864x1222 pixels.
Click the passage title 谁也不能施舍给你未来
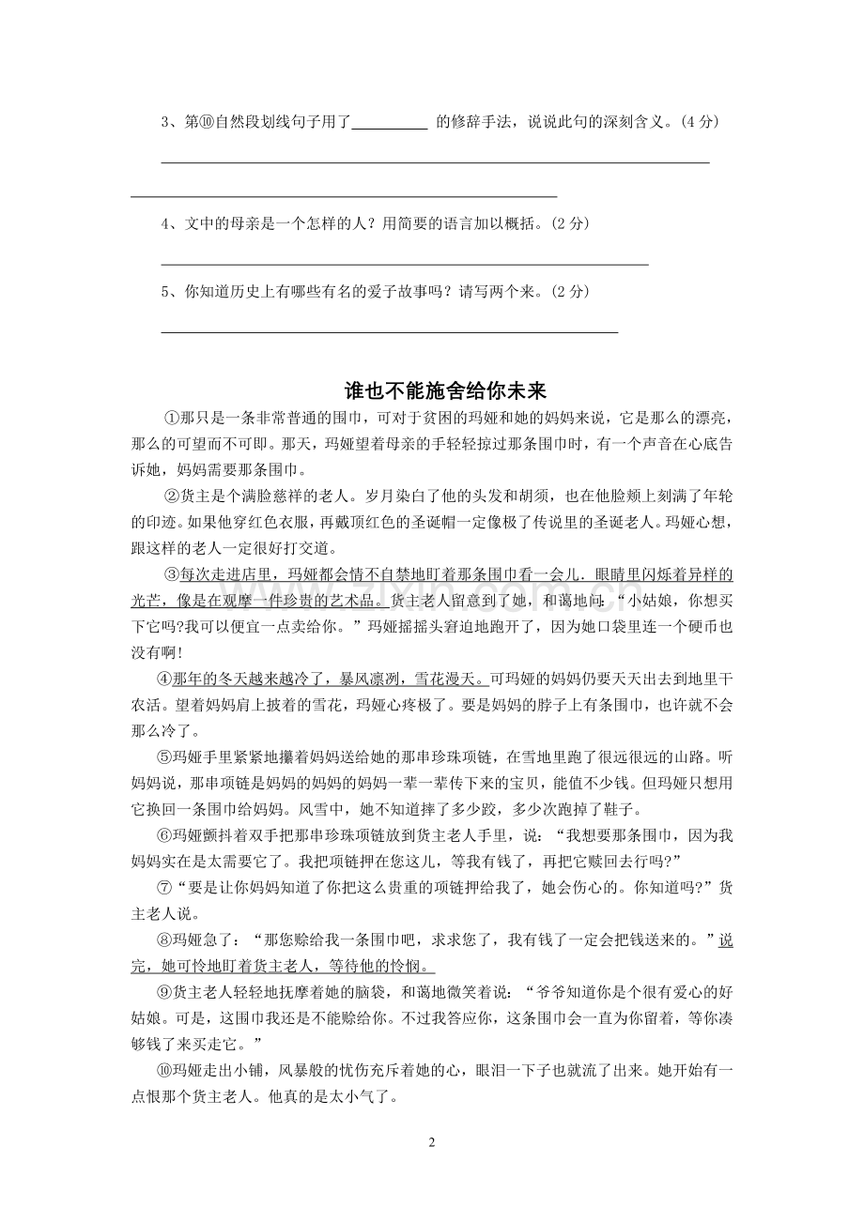[432, 390]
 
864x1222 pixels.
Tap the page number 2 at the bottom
[432, 1142]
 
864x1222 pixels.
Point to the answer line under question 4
[405, 265]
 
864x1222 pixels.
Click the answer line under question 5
[390, 331]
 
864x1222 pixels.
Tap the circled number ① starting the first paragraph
[171, 417]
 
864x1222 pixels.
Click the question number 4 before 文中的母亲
[165, 223]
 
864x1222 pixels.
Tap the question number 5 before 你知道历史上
[165, 291]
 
